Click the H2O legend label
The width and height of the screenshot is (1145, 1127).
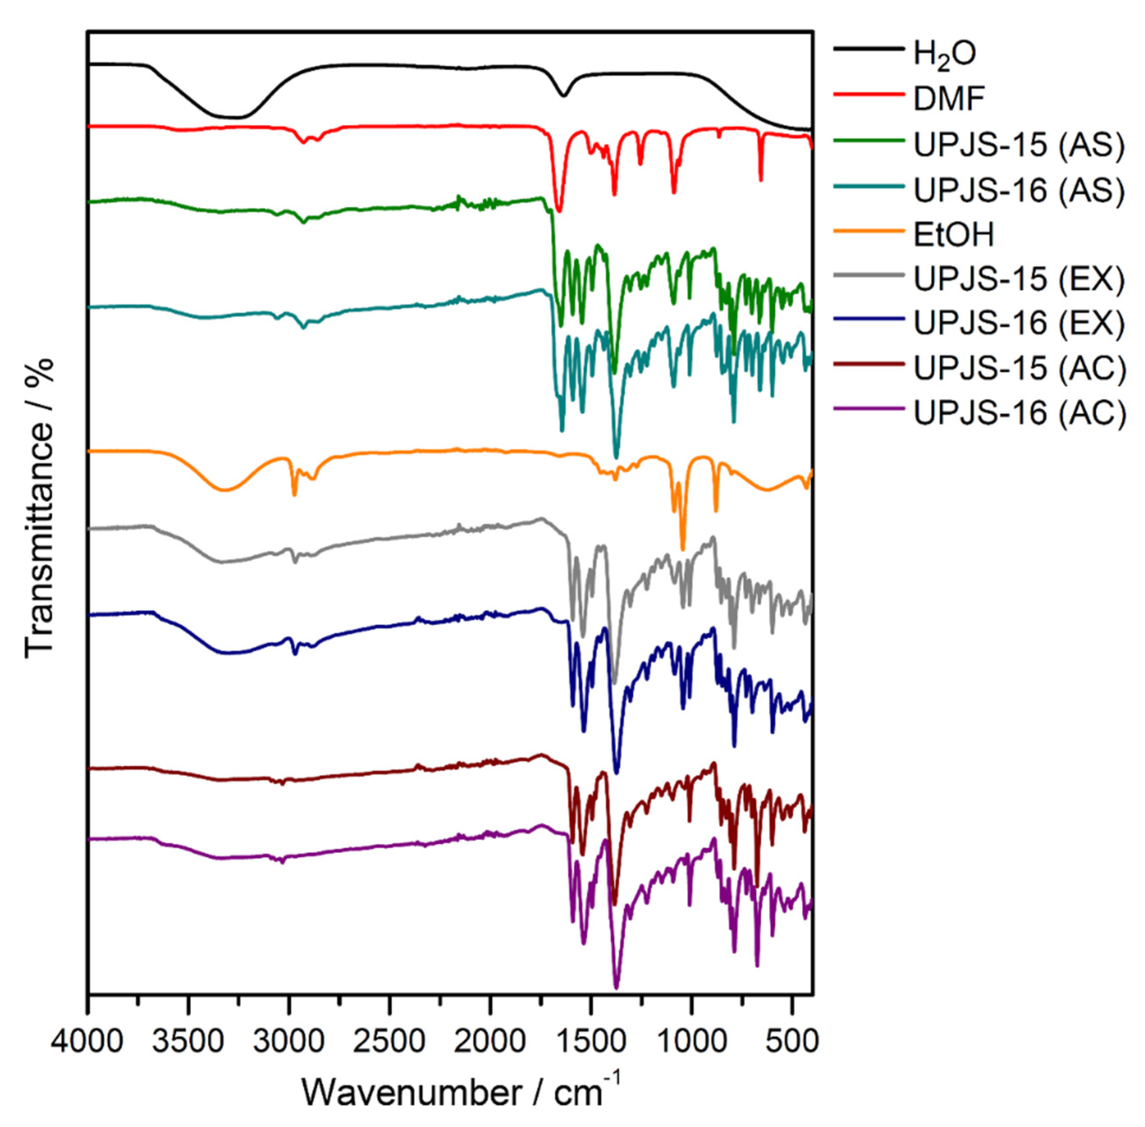click(944, 54)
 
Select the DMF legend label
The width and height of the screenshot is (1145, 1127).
click(949, 99)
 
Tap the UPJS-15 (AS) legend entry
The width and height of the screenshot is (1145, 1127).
click(1018, 145)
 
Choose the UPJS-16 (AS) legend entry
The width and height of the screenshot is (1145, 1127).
click(1018, 190)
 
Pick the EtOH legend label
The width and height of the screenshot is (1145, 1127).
click(953, 234)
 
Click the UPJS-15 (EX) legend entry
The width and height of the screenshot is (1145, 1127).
click(1018, 279)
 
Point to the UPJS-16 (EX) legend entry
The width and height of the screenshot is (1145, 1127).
click(1018, 323)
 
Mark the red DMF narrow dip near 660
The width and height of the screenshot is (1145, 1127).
click(761, 180)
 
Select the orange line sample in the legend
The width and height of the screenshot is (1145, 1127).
click(868, 234)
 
